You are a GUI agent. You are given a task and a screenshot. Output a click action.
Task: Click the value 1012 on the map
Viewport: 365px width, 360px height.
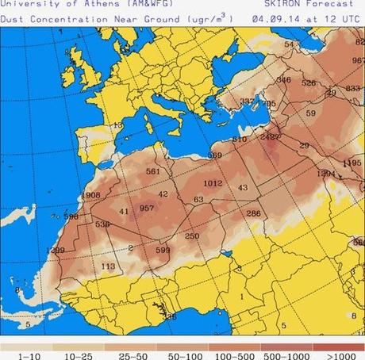(212, 183)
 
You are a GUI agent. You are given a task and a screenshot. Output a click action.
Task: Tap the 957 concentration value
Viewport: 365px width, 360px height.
(146, 209)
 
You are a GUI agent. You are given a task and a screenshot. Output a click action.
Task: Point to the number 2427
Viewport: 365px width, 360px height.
(271, 136)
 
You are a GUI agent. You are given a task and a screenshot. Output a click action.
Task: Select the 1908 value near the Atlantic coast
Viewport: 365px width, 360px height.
(90, 195)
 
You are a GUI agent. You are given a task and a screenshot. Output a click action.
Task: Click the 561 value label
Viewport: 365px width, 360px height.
(153, 171)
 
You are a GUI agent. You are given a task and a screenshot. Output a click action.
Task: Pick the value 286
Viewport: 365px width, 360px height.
(253, 213)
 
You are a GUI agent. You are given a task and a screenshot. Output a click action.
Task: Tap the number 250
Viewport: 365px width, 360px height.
(192, 236)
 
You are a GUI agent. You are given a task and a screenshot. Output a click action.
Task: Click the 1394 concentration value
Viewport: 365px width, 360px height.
(325, 173)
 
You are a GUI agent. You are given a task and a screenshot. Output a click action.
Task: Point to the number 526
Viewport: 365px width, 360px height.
(309, 83)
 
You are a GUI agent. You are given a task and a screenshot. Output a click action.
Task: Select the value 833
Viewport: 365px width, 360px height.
(353, 88)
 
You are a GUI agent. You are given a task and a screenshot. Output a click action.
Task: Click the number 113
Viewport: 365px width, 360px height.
(109, 266)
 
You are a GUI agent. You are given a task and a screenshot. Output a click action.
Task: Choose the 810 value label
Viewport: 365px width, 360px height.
(239, 140)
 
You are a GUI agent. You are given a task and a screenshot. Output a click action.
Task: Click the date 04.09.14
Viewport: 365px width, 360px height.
(275, 15)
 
